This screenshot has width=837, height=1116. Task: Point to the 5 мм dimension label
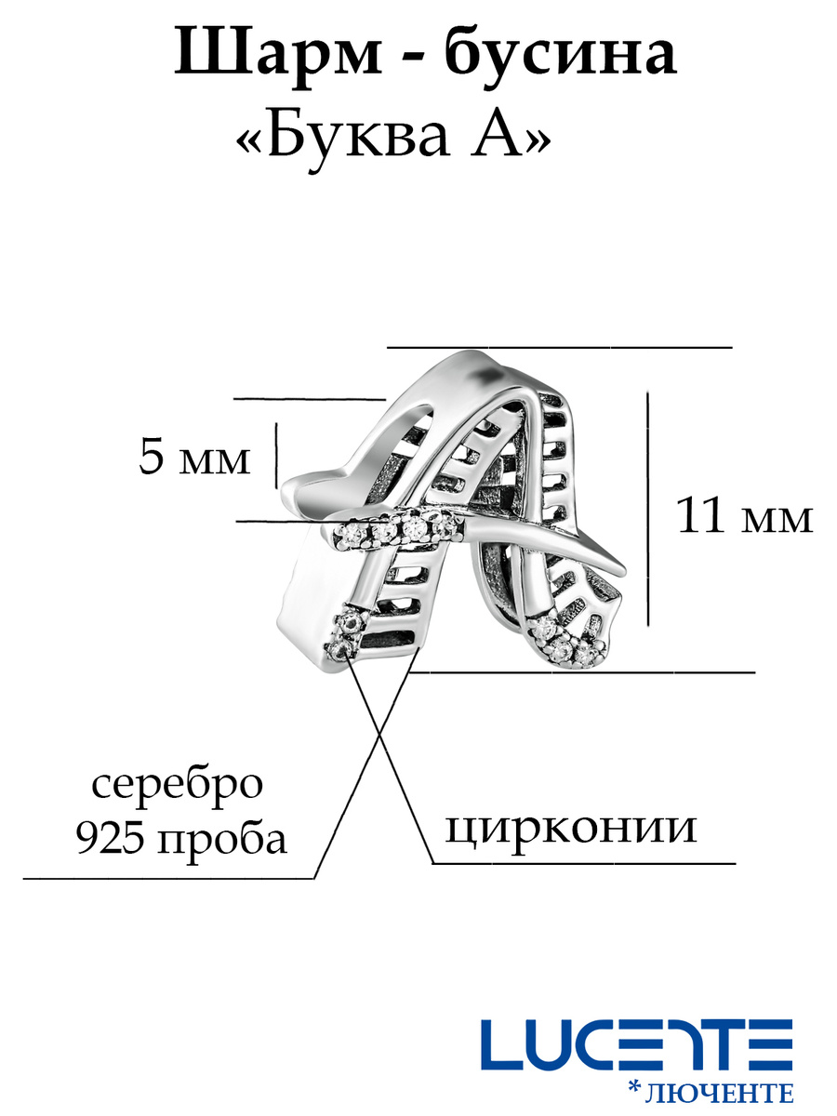click(194, 458)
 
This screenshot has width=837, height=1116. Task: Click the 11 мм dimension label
click(744, 517)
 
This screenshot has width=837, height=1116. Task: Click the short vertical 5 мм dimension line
click(276, 455)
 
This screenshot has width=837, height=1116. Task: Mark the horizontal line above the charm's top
click(559, 346)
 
